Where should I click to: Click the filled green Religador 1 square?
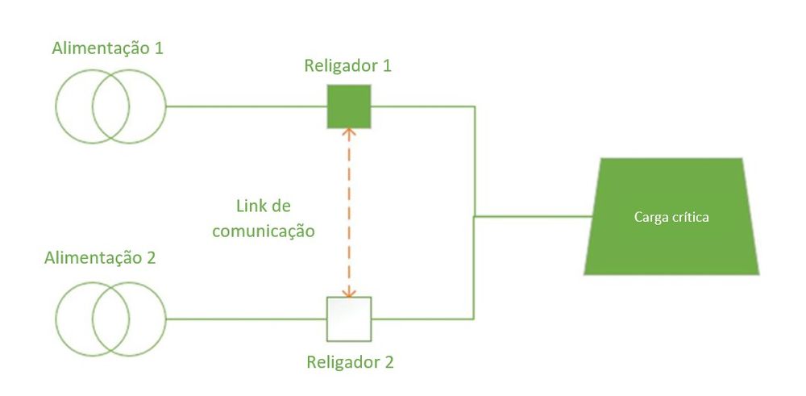click(x=349, y=106)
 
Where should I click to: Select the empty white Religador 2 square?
click(x=349, y=319)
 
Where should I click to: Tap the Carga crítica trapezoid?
click(x=671, y=216)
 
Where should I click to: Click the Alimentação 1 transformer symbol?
click(x=111, y=106)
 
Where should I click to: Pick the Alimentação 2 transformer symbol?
click(x=111, y=319)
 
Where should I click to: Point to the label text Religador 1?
click(x=348, y=66)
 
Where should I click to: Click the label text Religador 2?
click(x=350, y=362)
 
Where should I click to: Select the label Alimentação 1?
click(x=107, y=49)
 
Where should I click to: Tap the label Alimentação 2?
click(x=100, y=257)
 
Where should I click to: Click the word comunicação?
click(x=264, y=231)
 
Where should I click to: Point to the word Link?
click(x=250, y=206)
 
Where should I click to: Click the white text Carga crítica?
click(x=671, y=217)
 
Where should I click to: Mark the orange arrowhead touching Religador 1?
click(x=349, y=132)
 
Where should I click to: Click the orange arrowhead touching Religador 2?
click(x=349, y=293)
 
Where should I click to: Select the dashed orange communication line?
click(x=349, y=213)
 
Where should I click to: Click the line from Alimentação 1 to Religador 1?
click(x=247, y=106)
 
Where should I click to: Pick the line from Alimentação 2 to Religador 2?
click(x=247, y=319)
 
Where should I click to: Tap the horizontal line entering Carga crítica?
click(x=533, y=216)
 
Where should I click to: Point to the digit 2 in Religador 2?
click(x=388, y=362)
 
